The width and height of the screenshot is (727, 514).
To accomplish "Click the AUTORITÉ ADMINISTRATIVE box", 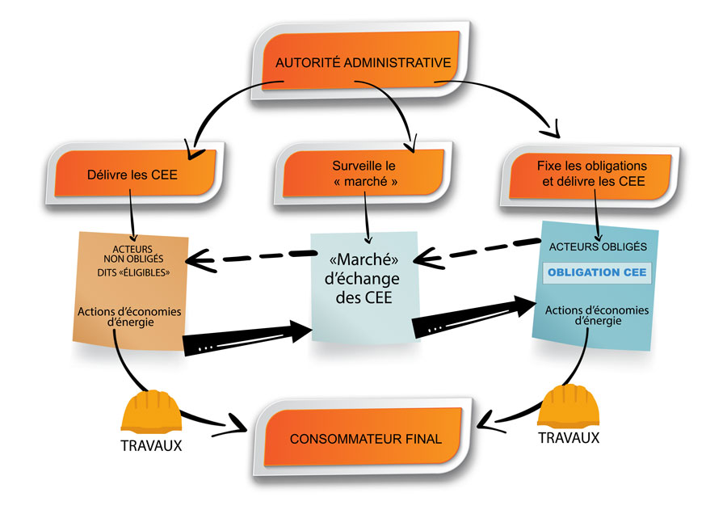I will pos(362,63).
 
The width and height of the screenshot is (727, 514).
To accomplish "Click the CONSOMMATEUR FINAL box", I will pos(365,438).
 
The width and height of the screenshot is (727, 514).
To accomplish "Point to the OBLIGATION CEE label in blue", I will pos(597,272).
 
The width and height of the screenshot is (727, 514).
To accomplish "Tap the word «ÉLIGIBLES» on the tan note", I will pos(151,272).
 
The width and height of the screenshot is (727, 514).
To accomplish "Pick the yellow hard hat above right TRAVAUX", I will pos(569,407).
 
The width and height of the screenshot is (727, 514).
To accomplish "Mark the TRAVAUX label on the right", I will pos(569,437).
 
